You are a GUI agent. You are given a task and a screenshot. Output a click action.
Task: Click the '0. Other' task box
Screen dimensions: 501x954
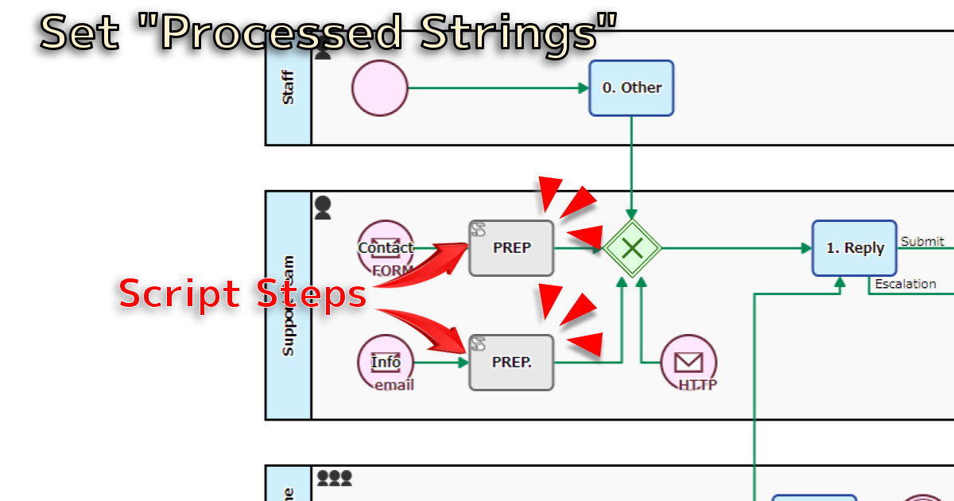pyautogui.click(x=631, y=88)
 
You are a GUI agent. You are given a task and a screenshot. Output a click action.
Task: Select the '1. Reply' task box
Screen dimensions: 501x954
pyautogui.click(x=855, y=248)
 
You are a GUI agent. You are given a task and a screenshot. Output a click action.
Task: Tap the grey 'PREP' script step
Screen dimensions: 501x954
pyautogui.click(x=511, y=248)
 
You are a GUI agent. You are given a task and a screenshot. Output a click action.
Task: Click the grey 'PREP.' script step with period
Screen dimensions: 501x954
pyautogui.click(x=511, y=362)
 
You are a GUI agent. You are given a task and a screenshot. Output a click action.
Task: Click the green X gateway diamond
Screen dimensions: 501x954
pyautogui.click(x=631, y=248)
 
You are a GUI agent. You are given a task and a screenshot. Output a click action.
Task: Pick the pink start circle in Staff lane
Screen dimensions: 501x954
pyautogui.click(x=380, y=88)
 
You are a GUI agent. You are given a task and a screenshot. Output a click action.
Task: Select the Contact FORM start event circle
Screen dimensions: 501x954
pyautogui.click(x=386, y=248)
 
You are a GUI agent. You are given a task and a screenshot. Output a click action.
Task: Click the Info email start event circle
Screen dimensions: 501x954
pyautogui.click(x=386, y=363)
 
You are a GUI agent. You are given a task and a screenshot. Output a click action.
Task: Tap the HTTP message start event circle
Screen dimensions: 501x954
pyautogui.click(x=688, y=363)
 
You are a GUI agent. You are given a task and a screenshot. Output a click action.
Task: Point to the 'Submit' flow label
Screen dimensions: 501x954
pyautogui.click(x=922, y=242)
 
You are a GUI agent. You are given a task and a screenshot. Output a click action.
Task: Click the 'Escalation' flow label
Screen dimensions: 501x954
pyautogui.click(x=905, y=284)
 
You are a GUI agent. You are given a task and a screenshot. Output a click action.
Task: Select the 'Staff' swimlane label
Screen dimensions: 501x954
pyautogui.click(x=288, y=88)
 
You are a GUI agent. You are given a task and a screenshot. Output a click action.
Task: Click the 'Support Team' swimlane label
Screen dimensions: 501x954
pyautogui.click(x=288, y=305)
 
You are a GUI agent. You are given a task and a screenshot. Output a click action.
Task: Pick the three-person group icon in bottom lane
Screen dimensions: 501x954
pyautogui.click(x=334, y=478)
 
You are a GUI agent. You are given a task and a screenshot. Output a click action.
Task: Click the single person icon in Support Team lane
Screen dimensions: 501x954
pyautogui.click(x=322, y=208)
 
